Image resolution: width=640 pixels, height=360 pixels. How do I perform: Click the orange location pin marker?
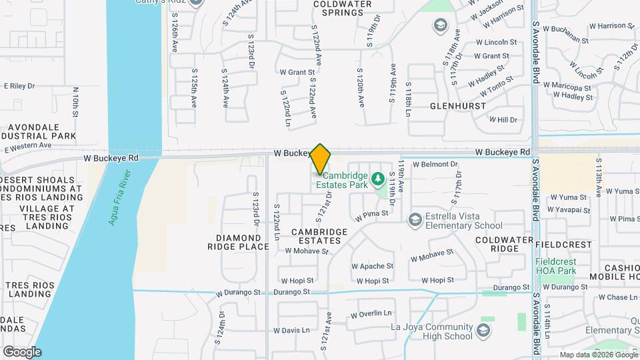[320, 159]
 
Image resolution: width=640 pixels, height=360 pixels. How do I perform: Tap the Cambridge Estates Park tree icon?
[377, 179]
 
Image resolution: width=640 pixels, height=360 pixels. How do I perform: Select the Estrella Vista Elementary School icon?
[415, 220]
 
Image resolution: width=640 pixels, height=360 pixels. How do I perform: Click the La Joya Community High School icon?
[483, 329]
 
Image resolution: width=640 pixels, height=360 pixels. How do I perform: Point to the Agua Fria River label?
[121, 197]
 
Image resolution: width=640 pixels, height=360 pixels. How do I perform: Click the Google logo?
[22, 351]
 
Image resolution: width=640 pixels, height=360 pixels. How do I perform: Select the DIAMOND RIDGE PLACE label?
[238, 242]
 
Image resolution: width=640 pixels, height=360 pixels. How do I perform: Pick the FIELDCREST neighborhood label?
[563, 245]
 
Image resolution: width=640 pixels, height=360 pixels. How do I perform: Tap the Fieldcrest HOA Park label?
[557, 267]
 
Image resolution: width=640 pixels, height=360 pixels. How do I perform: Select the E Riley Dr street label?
[19, 86]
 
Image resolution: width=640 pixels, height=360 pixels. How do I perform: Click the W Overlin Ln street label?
[371, 313]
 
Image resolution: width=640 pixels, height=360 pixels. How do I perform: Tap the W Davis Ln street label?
[291, 330]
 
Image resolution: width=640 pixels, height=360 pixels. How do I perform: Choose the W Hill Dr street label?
[503, 120]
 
